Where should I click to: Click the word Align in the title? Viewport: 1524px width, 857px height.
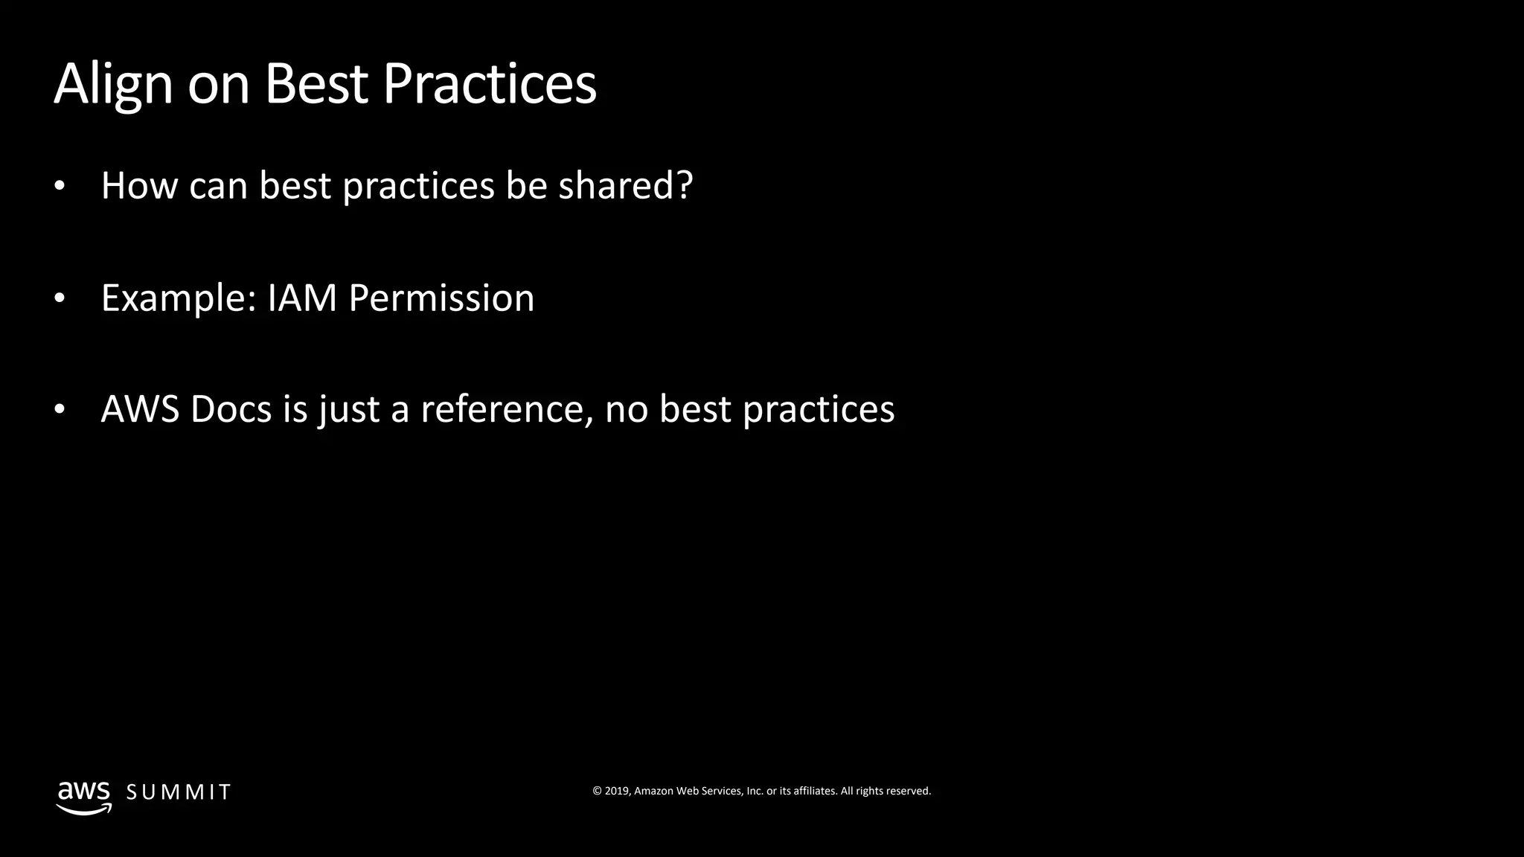pos(113,84)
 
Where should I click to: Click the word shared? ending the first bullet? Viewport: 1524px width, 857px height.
pos(625,185)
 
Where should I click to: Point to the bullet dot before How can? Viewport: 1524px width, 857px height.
pos(60,187)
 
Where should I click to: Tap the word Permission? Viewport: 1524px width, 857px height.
pos(441,298)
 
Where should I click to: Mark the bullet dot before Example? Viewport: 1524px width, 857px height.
pos(60,299)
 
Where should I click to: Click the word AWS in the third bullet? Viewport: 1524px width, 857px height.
pos(140,409)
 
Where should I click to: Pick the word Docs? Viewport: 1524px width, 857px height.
pos(231,409)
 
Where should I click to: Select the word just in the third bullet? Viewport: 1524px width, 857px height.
pos(350,410)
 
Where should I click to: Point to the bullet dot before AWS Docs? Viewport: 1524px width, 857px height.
pos(60,411)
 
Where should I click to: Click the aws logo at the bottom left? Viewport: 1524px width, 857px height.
pos(84,797)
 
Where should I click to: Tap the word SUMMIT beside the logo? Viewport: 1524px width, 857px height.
pos(179,792)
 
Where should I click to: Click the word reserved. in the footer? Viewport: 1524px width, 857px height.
pos(908,791)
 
